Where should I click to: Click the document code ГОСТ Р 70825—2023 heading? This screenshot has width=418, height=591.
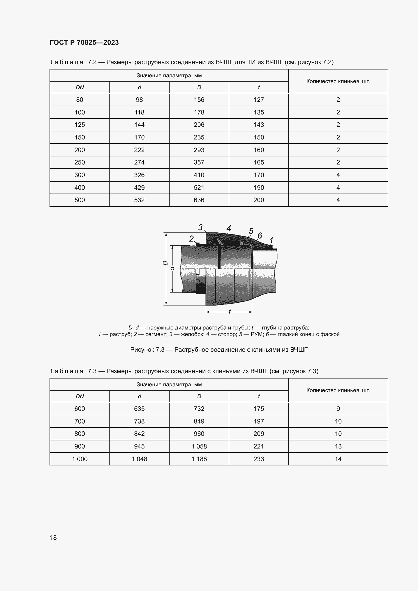84,42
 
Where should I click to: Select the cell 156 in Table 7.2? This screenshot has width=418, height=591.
199,100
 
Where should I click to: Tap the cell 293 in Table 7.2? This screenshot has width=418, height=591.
199,150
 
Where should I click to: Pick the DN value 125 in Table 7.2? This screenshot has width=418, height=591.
80,125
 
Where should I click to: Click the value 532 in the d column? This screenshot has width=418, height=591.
139,200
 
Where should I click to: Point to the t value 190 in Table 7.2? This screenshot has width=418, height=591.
259,188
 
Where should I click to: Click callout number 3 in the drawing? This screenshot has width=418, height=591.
200,227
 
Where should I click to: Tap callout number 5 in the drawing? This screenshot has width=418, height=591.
251,231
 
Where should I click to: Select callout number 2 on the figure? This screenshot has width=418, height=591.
191,239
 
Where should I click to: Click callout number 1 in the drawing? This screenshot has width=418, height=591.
271,241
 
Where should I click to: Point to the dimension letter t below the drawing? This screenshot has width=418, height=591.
229,312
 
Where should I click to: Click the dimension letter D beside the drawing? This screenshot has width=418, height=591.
166,263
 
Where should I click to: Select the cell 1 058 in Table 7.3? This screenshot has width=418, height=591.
199,446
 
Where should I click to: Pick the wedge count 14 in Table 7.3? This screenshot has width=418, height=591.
338,459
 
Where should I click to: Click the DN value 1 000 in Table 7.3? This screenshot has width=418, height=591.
80,459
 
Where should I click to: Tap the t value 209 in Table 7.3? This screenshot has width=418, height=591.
259,434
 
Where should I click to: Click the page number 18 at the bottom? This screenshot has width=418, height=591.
53,537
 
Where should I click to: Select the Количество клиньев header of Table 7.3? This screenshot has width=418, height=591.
338,390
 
